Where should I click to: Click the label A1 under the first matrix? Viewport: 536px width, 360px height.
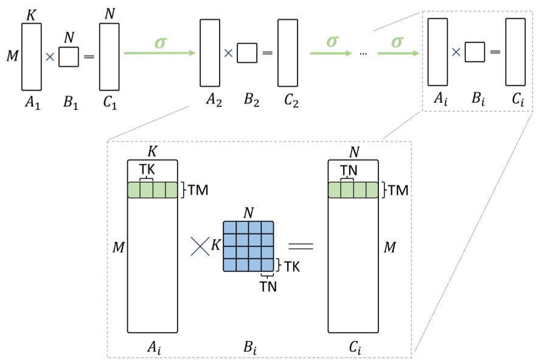(x=32, y=103)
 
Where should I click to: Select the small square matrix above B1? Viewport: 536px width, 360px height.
(x=69, y=57)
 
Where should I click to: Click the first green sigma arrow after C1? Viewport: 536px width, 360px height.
(x=159, y=52)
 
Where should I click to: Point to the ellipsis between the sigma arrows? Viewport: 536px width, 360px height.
(x=363, y=54)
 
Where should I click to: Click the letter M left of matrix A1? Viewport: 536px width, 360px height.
(x=11, y=57)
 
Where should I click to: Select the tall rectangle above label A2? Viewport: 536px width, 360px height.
(x=209, y=53)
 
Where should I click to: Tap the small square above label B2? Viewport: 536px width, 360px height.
(x=246, y=53)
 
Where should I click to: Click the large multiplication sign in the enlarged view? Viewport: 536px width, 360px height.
(x=200, y=246)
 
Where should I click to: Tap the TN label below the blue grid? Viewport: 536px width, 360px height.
(x=268, y=286)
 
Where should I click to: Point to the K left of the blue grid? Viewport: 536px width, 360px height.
(x=215, y=246)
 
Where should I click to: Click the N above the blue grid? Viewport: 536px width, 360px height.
(x=248, y=212)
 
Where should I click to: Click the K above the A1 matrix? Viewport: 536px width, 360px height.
(x=30, y=14)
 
